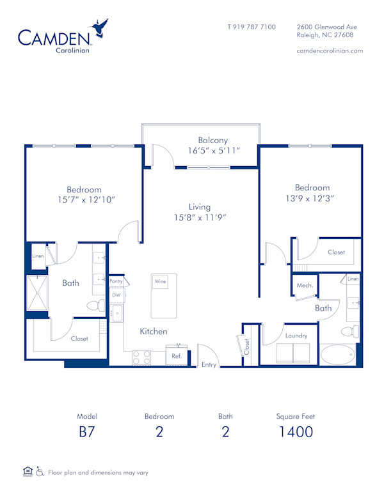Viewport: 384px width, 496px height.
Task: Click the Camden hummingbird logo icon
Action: point(100,27)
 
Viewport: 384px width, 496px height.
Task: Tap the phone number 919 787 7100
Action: point(252,27)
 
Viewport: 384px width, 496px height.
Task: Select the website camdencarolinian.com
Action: point(330,50)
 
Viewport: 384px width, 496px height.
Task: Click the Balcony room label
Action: point(212,141)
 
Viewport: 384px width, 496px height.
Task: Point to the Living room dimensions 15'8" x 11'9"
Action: point(200,217)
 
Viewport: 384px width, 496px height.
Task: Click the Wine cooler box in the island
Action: point(160,281)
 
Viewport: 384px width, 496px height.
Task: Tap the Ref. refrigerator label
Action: point(177,356)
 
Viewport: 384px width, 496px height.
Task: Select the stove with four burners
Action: point(141,357)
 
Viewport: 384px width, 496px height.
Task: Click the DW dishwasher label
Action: point(116,295)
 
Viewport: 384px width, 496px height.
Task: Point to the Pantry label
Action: point(116,281)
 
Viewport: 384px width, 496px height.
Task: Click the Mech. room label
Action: point(305,285)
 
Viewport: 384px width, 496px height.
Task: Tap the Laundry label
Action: point(296,336)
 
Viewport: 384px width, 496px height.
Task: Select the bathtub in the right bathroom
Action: point(340,355)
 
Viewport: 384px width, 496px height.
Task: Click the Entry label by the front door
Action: point(209,365)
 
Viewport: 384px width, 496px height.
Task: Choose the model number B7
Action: point(86,431)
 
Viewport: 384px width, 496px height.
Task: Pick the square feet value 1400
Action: point(296,431)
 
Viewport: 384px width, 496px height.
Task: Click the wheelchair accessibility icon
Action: point(40,472)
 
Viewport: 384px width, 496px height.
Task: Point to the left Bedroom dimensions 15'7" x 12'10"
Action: point(84,199)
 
